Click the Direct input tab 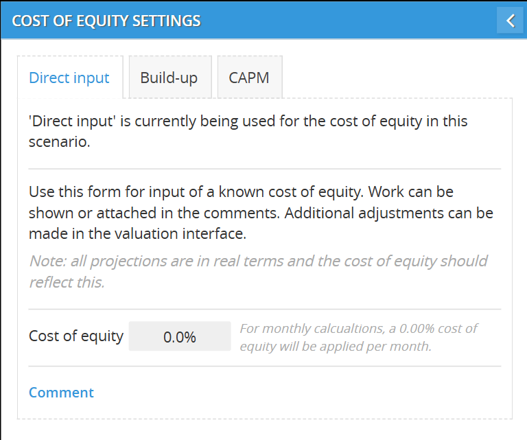tap(70, 78)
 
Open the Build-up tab tap(170, 78)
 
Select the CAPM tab tap(250, 78)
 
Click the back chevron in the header tap(510, 21)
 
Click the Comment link tap(61, 393)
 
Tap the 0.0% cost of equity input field tap(180, 336)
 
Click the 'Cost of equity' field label tap(76, 336)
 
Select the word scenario tap(59, 142)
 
